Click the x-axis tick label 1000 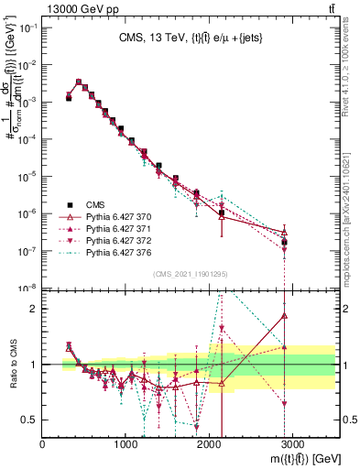click(x=126, y=443)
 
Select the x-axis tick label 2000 click(x=210, y=443)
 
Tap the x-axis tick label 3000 click(x=293, y=443)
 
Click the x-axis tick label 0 click(x=43, y=443)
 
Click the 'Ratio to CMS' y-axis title click(x=12, y=365)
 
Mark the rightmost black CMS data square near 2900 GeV click(x=285, y=242)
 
